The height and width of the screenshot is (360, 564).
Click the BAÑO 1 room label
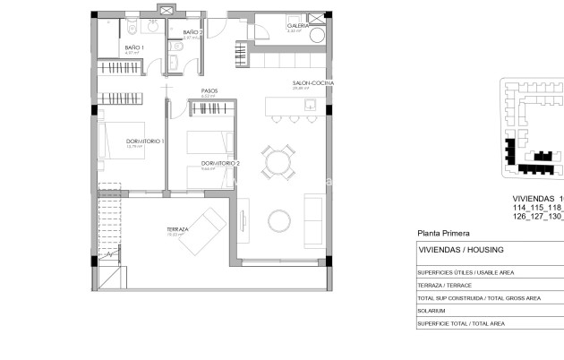[x=133, y=47]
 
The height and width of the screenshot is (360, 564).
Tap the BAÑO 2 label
[x=193, y=33]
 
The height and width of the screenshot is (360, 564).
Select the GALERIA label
[x=298, y=27]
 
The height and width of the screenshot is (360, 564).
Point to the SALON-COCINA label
[x=308, y=83]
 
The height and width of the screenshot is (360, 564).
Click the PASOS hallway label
[x=209, y=91]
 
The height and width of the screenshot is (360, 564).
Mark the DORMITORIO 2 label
[x=220, y=163]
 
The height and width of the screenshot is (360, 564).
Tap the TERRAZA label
[x=177, y=229]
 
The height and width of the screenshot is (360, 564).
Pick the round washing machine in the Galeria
[x=298, y=37]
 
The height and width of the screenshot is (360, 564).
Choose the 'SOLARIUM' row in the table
[x=432, y=311]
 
